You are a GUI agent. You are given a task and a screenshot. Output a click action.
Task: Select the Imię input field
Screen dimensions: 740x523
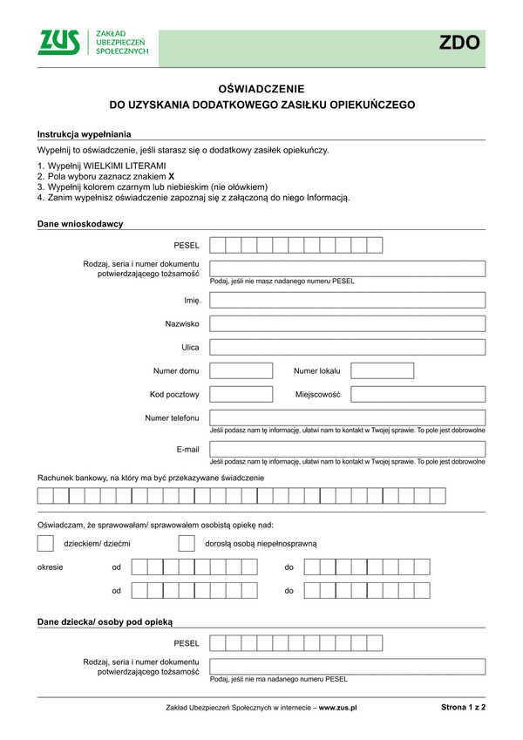347,300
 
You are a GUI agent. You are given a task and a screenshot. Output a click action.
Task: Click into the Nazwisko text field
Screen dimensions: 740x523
347,323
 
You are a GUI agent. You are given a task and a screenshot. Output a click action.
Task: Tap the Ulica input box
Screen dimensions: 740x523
347,347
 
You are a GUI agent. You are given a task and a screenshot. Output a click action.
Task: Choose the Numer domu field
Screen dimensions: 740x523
241,370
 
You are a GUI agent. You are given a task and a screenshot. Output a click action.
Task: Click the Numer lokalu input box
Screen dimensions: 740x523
382,370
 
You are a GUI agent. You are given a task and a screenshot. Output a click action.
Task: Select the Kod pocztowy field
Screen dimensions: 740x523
241,394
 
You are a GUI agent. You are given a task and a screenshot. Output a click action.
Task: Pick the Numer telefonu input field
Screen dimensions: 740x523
347,418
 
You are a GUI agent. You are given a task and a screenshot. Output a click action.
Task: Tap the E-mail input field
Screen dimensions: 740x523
347,449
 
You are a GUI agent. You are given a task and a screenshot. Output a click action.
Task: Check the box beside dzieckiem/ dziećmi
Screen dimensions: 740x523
45,543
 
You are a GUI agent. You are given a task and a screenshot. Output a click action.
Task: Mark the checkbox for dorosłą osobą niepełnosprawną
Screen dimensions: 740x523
186,543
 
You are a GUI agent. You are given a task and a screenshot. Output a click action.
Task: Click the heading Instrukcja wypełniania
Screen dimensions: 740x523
85,133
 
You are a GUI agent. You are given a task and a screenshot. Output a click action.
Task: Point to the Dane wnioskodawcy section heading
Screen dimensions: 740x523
80,224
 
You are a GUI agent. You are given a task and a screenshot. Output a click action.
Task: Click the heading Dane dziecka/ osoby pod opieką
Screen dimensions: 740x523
105,622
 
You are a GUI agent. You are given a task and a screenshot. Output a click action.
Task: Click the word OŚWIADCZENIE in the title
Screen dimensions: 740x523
261,88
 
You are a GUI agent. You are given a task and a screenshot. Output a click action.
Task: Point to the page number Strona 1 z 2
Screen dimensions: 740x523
463,708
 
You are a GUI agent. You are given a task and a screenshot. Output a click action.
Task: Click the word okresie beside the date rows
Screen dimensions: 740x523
50,567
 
